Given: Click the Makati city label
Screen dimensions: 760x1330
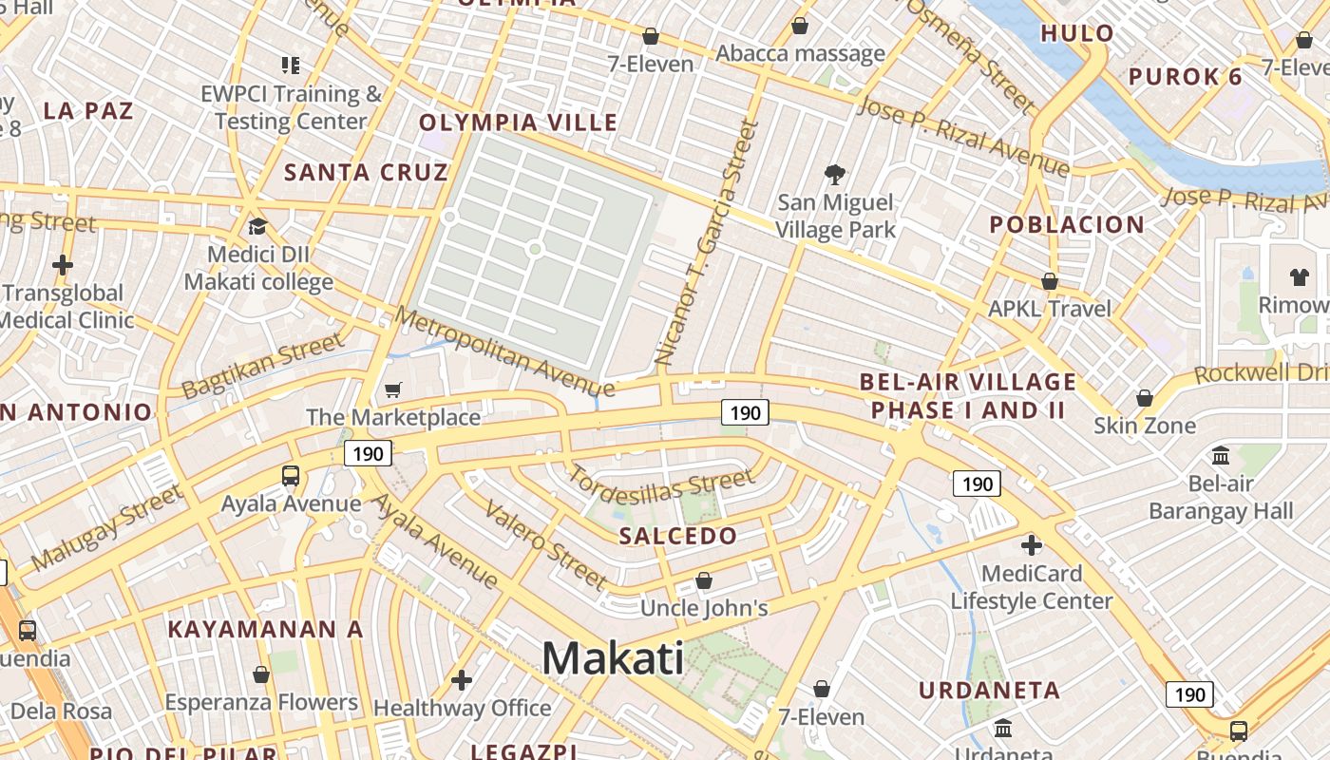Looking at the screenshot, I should point(613,657).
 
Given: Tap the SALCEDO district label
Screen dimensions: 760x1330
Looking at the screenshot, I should point(677,536).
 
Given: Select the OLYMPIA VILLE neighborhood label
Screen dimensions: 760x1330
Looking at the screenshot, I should point(518,123).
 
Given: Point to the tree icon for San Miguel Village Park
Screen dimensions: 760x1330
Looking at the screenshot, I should point(835,174).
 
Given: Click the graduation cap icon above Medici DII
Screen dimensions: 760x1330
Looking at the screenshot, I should point(257,226).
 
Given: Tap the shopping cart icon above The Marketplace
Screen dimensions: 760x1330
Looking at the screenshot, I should point(392,389).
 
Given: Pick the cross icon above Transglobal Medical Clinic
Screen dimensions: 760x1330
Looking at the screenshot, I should point(63,264).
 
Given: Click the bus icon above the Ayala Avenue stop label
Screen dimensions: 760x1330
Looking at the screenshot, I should point(291,475).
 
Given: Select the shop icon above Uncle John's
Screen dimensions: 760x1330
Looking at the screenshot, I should point(704,579).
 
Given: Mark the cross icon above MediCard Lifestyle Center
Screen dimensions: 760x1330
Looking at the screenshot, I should point(1031,545).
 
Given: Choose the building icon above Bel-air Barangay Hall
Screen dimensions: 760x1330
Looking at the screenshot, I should point(1221,455).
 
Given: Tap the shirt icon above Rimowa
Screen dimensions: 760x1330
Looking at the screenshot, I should point(1299,277).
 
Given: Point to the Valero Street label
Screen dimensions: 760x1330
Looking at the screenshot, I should point(544,544).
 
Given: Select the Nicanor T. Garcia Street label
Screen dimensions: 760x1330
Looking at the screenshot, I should point(709,242).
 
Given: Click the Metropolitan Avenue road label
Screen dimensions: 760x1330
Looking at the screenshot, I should point(504,351).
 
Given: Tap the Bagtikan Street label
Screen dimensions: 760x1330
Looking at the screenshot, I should point(261,366).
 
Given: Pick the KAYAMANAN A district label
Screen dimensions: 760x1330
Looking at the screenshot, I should point(265,629).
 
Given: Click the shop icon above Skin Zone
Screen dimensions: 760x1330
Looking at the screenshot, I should point(1144,397).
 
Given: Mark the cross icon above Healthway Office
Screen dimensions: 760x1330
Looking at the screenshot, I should point(462,679).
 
